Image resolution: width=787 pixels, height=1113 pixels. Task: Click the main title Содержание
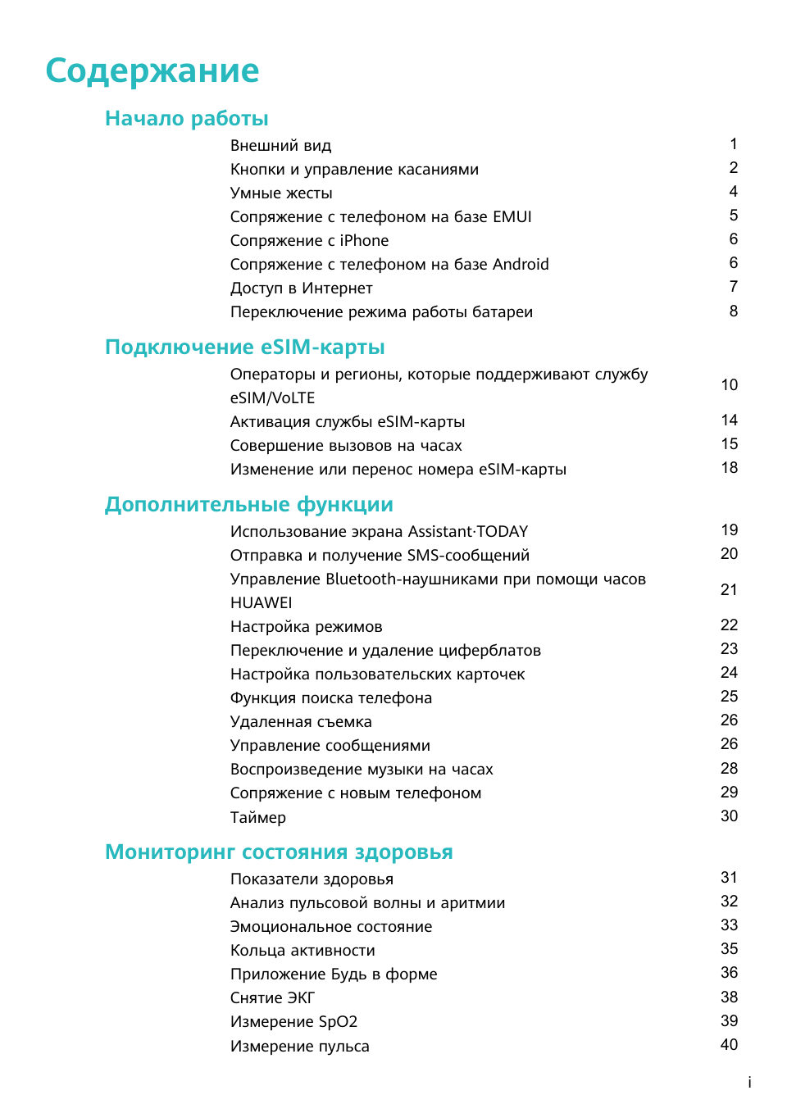(x=152, y=71)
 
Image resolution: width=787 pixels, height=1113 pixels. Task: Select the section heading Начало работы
(x=187, y=119)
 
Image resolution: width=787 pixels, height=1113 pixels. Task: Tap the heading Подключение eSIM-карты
(x=244, y=348)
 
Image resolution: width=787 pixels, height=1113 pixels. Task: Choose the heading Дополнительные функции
(x=248, y=505)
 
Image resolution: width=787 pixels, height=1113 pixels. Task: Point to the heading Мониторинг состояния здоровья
(x=279, y=852)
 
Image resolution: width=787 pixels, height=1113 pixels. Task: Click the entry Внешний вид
(x=280, y=146)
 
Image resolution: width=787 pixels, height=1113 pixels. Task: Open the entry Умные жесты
(x=281, y=193)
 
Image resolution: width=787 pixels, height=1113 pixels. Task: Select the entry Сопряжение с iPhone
(x=309, y=241)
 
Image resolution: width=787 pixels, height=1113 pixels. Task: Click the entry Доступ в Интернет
(x=301, y=288)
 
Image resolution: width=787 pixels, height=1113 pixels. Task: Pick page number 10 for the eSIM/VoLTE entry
(x=729, y=385)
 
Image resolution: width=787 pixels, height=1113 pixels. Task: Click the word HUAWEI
(x=261, y=603)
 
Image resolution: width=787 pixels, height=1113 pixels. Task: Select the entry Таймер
(x=257, y=818)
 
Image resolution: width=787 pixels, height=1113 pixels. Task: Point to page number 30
(x=729, y=816)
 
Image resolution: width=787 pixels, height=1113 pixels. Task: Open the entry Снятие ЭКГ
(x=272, y=998)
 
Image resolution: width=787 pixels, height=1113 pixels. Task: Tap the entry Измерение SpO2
(x=293, y=1022)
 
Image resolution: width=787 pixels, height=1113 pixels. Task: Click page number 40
(x=729, y=1045)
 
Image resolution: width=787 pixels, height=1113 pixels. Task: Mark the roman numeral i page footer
(x=749, y=1083)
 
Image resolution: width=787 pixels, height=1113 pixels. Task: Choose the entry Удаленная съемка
(x=301, y=722)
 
